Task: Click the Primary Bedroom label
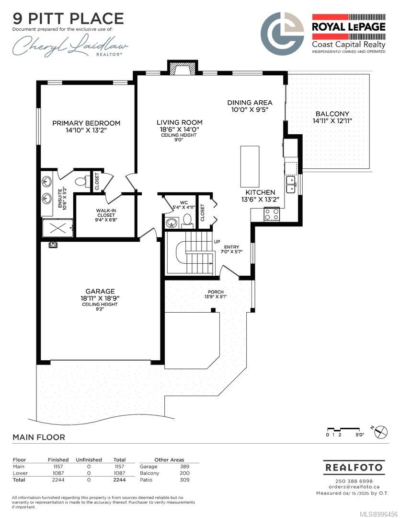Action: pyautogui.click(x=86, y=123)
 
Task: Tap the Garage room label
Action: pyautogui.click(x=100, y=292)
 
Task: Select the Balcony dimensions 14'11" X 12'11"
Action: pyautogui.click(x=332, y=121)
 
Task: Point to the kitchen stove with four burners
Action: pyautogui.click(x=272, y=214)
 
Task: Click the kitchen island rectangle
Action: pyautogui.click(x=250, y=167)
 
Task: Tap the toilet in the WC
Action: pyautogui.click(x=187, y=221)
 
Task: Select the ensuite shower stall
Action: pyautogui.click(x=58, y=228)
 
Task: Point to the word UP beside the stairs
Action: pyautogui.click(x=217, y=242)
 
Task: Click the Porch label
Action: pyautogui.click(x=216, y=292)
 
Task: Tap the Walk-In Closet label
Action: pyautogui.click(x=106, y=213)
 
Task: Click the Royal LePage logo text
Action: pyautogui.click(x=349, y=27)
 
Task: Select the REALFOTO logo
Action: pyautogui.click(x=354, y=468)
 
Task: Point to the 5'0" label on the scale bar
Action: pyautogui.click(x=360, y=435)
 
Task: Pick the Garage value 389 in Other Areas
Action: pyautogui.click(x=184, y=467)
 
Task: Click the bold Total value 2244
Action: pyautogui.click(x=119, y=480)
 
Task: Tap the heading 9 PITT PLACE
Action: pyautogui.click(x=69, y=19)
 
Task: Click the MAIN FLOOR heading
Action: pyautogui.click(x=39, y=437)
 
